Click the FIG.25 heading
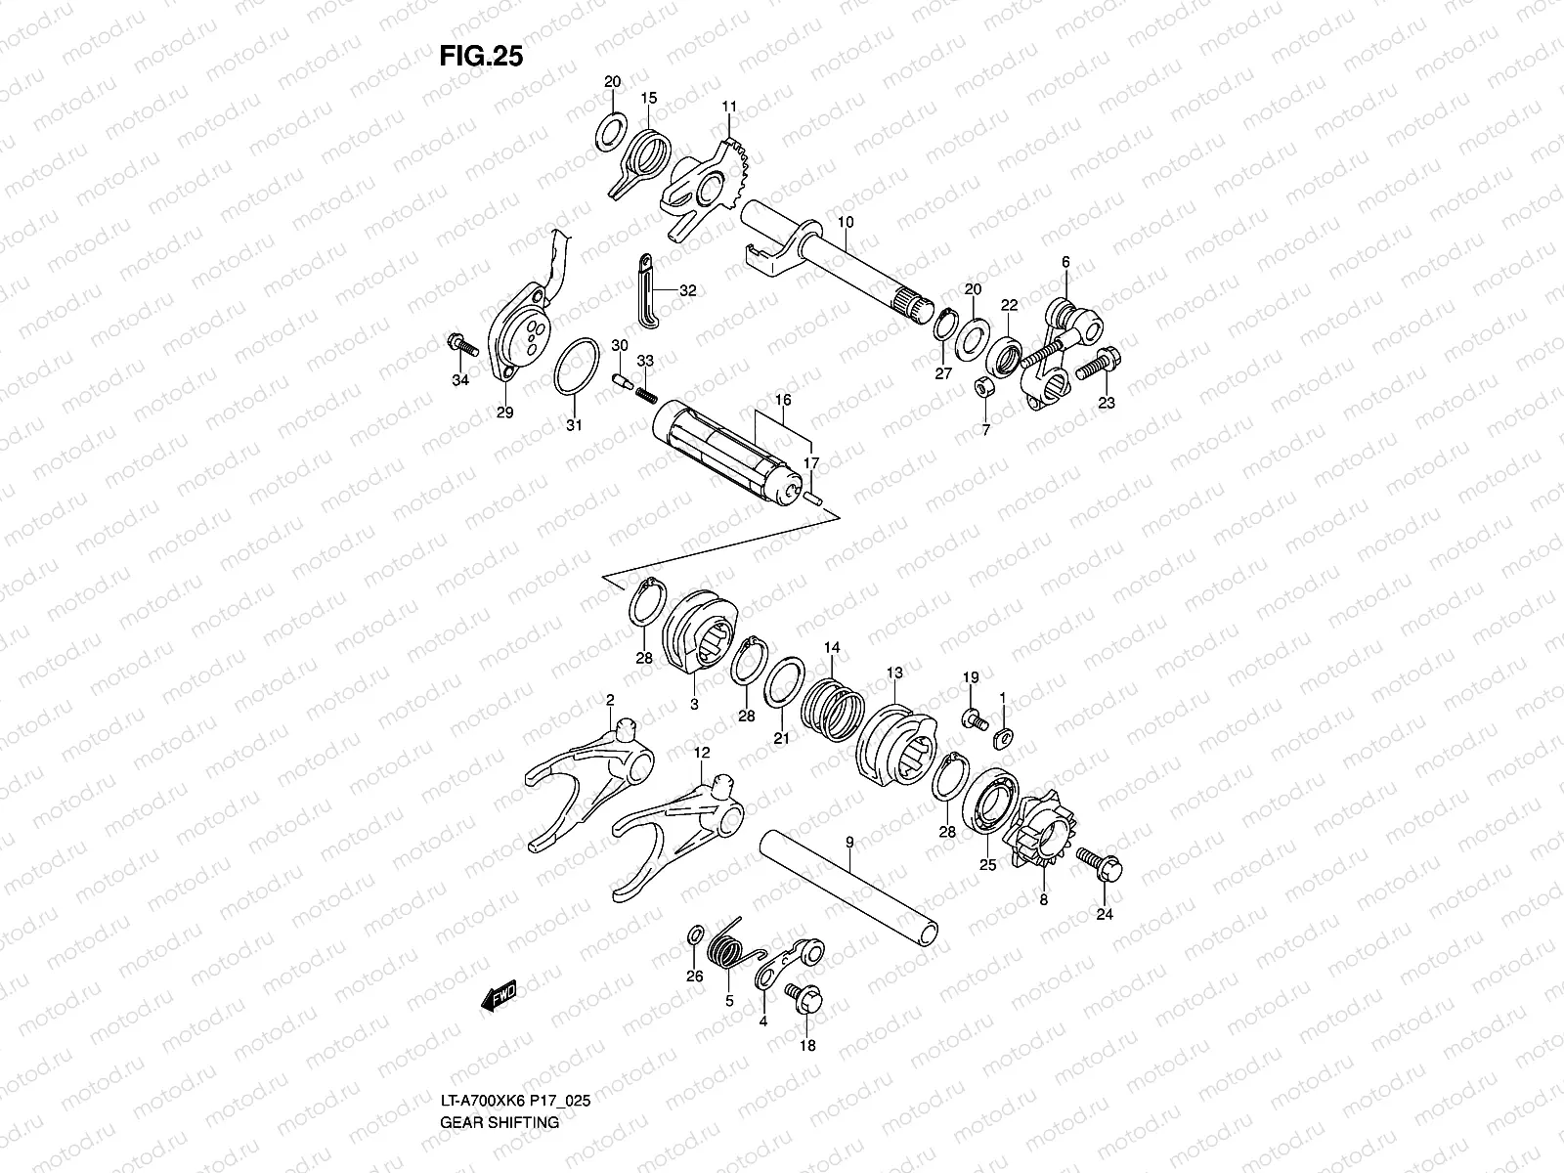tap(481, 57)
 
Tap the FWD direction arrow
tap(499, 996)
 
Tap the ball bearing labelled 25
tap(991, 805)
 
